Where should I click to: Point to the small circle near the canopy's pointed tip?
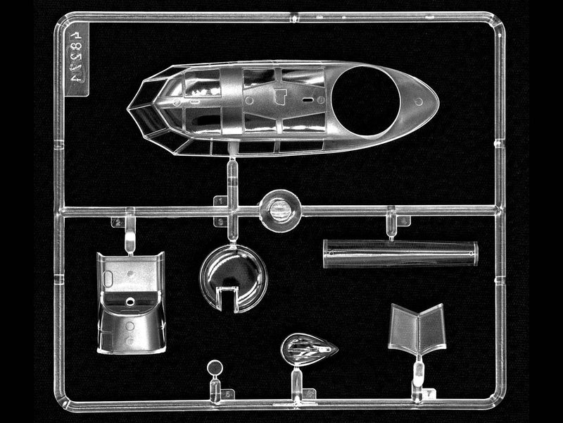(x=419, y=102)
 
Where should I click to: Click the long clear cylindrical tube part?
(x=400, y=254)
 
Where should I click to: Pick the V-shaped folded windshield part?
(x=418, y=330)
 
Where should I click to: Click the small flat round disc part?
(x=215, y=367)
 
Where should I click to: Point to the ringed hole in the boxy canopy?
(x=130, y=301)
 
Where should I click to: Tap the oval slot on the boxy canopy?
(x=108, y=278)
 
